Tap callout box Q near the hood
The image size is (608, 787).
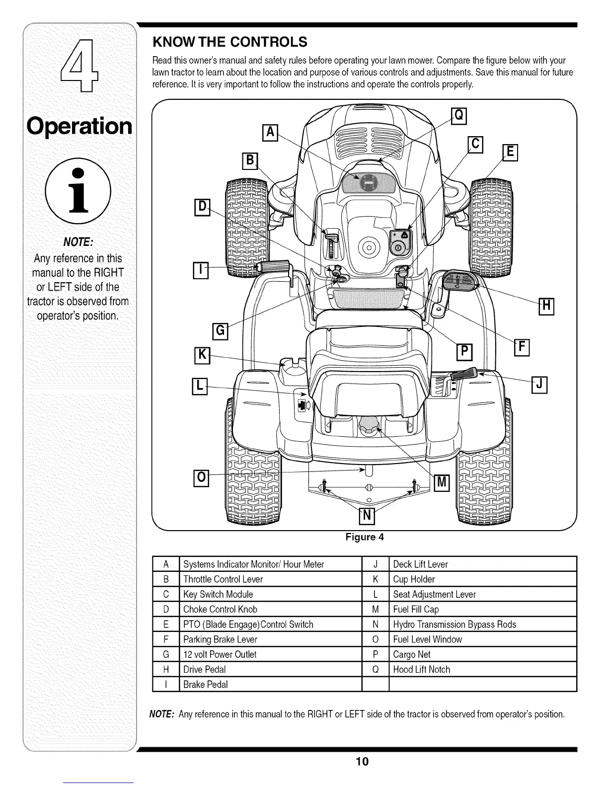459,116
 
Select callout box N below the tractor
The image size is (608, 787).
366,517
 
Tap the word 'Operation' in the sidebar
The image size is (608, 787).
79,126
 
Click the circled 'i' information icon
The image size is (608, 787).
78,191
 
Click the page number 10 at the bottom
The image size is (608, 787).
362,762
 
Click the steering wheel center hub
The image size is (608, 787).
369,246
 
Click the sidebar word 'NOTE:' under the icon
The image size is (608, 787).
77,242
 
